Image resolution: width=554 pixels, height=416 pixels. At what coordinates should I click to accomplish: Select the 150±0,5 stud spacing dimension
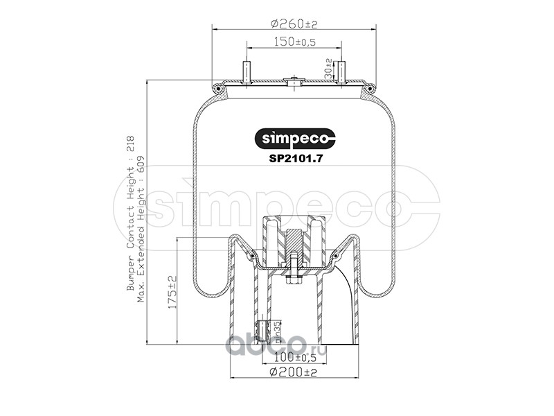[x=294, y=43]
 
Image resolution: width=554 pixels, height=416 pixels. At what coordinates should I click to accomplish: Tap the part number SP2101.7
[x=296, y=157]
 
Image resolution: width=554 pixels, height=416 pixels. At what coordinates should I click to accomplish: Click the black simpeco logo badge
[x=296, y=139]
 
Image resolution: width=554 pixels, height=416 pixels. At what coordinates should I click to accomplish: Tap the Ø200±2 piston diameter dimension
[x=294, y=372]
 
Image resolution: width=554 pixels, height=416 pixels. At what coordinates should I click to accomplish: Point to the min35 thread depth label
[x=278, y=331]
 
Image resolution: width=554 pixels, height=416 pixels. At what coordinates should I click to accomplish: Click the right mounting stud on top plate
[x=341, y=72]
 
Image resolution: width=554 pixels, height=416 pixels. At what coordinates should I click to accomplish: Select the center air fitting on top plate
[x=294, y=81]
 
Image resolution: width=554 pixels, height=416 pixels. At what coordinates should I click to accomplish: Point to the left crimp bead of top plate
[x=217, y=88]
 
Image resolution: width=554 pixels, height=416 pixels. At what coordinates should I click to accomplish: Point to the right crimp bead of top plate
[x=371, y=88]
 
